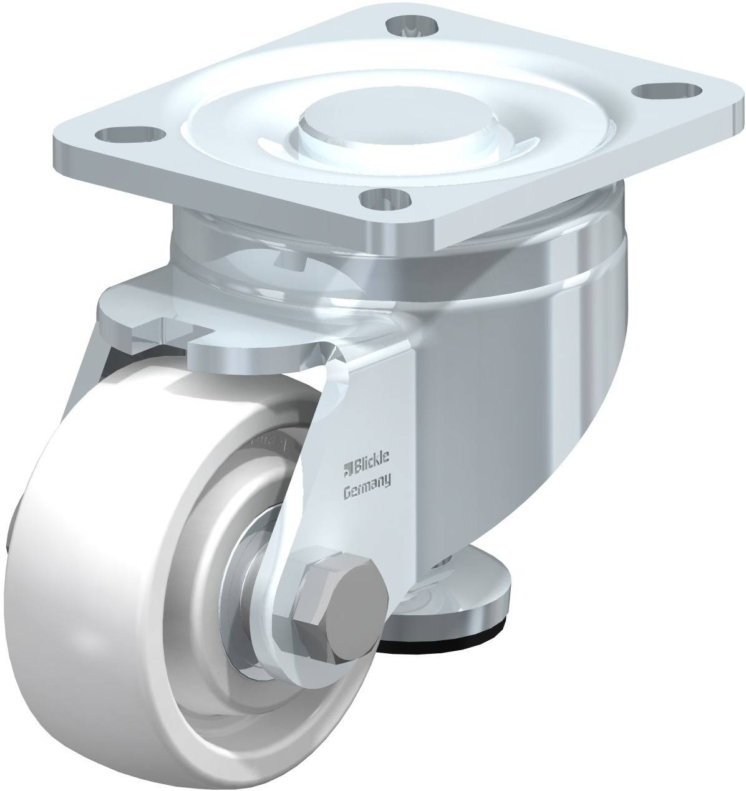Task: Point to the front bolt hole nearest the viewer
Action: point(385,198)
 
